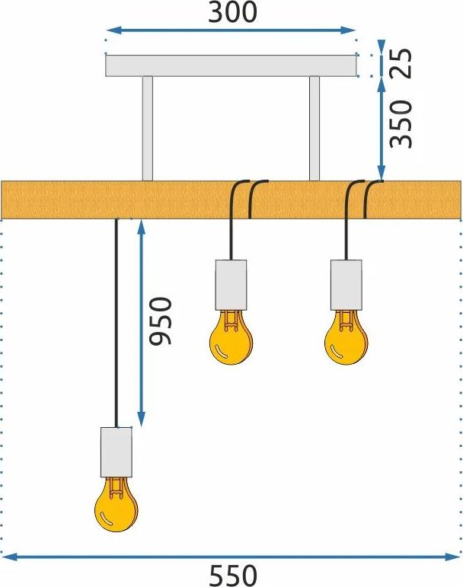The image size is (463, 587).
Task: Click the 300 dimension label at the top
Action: (232, 11)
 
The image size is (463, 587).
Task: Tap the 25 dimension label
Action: (401, 63)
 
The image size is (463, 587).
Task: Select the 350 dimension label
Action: (401, 124)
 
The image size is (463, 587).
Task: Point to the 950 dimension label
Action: (160, 321)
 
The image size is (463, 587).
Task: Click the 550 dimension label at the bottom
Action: (233, 576)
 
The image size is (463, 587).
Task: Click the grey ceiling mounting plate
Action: (231, 65)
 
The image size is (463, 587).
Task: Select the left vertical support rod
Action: (148, 129)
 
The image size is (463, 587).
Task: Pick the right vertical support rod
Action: (315, 129)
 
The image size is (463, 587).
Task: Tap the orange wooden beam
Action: (231, 199)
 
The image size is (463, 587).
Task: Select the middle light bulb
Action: (231, 338)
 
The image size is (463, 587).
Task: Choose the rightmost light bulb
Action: (346, 338)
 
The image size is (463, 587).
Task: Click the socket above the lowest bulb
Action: (117, 452)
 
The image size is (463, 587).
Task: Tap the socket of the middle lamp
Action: (231, 285)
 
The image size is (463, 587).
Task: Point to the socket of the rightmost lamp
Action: (346, 285)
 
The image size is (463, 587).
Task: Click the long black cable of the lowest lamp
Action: (117, 323)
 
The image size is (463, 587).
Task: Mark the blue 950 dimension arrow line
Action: (141, 323)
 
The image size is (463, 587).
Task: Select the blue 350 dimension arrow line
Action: (381, 129)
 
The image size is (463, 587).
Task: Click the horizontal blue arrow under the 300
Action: (231, 30)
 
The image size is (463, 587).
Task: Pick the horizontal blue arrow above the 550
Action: (231, 557)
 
